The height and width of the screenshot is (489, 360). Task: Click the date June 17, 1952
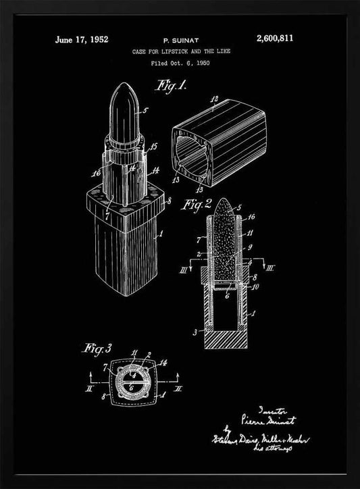(82, 40)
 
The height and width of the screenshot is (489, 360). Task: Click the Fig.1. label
(172, 86)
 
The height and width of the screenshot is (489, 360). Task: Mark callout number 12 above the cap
(215, 99)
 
